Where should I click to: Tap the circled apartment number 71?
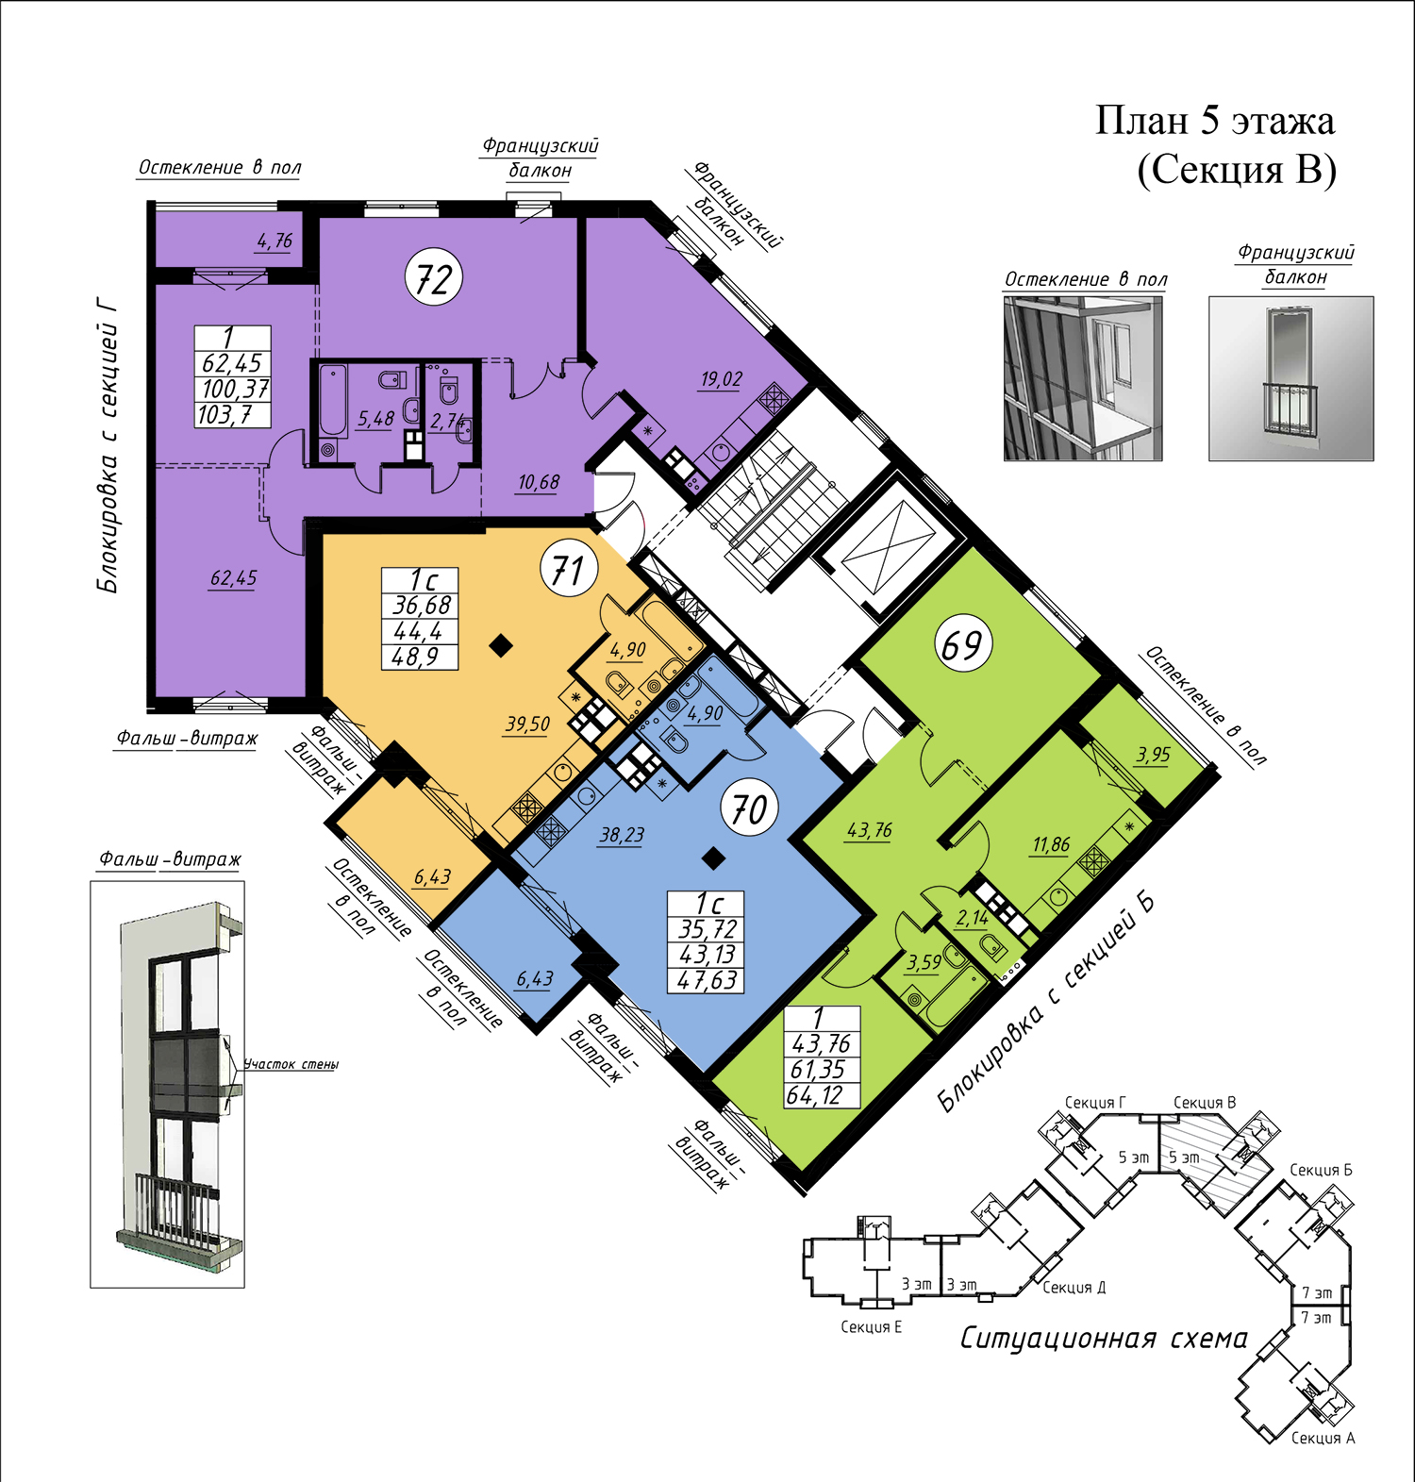[x=569, y=570]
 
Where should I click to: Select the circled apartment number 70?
[x=750, y=808]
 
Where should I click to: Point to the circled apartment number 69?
[x=962, y=644]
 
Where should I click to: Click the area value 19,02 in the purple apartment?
[x=721, y=379]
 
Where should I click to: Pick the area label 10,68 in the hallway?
[x=538, y=482]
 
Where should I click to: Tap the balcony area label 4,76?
[x=275, y=241]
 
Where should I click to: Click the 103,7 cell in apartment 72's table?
[x=233, y=415]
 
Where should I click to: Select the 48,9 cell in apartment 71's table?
[x=420, y=657]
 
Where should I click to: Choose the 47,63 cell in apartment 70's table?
[x=706, y=980]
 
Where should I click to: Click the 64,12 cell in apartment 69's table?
[x=823, y=1095]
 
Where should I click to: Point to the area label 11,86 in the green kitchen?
[x=1051, y=844]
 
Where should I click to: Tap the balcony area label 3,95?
[x=1153, y=754]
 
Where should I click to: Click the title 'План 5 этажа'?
[x=1215, y=121]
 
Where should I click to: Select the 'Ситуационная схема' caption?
[x=1104, y=1339]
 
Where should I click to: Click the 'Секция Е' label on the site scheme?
[x=871, y=1327]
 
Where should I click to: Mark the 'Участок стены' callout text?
[x=291, y=1064]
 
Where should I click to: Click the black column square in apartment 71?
[x=502, y=646]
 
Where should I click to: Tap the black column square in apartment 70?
[x=714, y=858]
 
